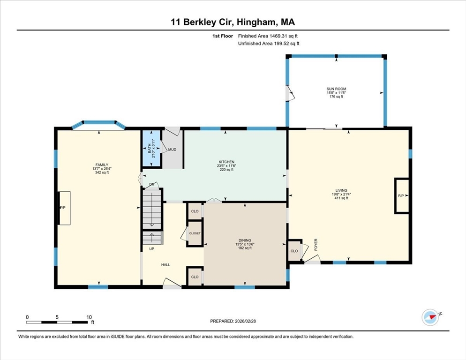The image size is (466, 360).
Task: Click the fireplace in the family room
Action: (x=64, y=208)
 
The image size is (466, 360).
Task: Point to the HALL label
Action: (x=165, y=265)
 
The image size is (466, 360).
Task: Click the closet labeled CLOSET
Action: (x=195, y=233)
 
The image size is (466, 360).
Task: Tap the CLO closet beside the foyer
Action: (x=294, y=251)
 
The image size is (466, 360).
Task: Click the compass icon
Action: (x=430, y=317)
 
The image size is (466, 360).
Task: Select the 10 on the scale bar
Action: (x=89, y=317)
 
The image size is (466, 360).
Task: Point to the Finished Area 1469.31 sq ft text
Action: (x=268, y=36)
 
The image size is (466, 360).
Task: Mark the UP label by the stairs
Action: (x=152, y=248)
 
